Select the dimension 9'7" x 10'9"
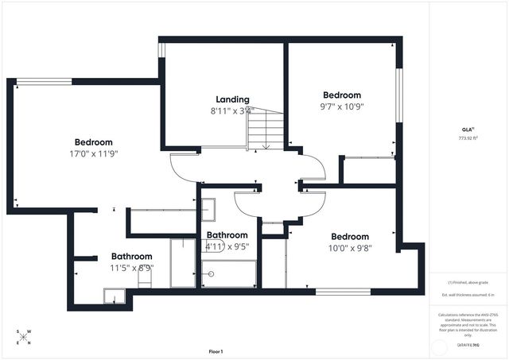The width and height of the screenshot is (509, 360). [341, 106]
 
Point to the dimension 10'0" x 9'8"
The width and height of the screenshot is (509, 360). [350, 247]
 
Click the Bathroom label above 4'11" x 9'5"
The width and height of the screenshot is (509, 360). [227, 235]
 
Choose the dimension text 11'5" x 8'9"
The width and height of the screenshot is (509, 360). [131, 268]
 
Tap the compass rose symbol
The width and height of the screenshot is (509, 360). [25, 337]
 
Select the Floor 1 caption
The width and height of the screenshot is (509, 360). [216, 351]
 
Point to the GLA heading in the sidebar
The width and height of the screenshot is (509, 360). [468, 129]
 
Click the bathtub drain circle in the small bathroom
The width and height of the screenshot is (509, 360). [211, 273]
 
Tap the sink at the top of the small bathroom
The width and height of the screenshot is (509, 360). [208, 209]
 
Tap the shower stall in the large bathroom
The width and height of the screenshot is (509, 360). [183, 262]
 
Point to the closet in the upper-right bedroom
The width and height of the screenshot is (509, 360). [367, 171]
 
